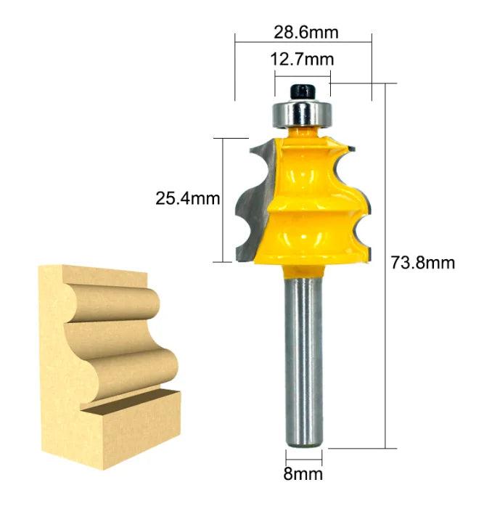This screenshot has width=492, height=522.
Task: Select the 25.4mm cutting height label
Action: [187, 197]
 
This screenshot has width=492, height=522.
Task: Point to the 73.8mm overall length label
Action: [423, 263]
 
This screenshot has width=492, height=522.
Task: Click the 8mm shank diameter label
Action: [303, 475]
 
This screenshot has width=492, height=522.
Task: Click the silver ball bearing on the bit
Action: [300, 114]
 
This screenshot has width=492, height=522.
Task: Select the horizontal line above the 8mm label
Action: [303, 461]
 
